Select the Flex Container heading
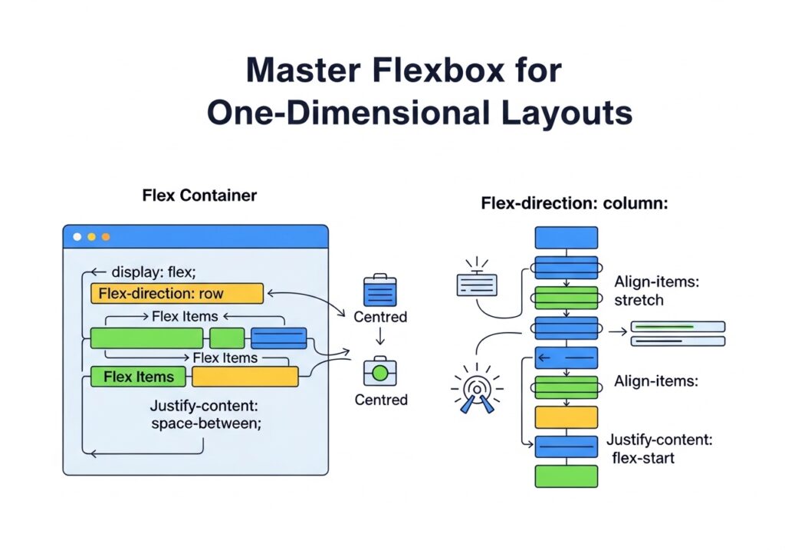(199, 196)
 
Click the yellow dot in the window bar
(91, 237)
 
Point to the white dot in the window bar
(77, 237)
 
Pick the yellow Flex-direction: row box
(176, 293)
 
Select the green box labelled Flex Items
(138, 377)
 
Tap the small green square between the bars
(227, 338)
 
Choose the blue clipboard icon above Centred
(379, 291)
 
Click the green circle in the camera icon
(379, 374)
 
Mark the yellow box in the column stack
(566, 417)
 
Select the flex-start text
(644, 459)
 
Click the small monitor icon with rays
(477, 282)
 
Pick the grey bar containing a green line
(677, 327)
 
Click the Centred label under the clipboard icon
(380, 317)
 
